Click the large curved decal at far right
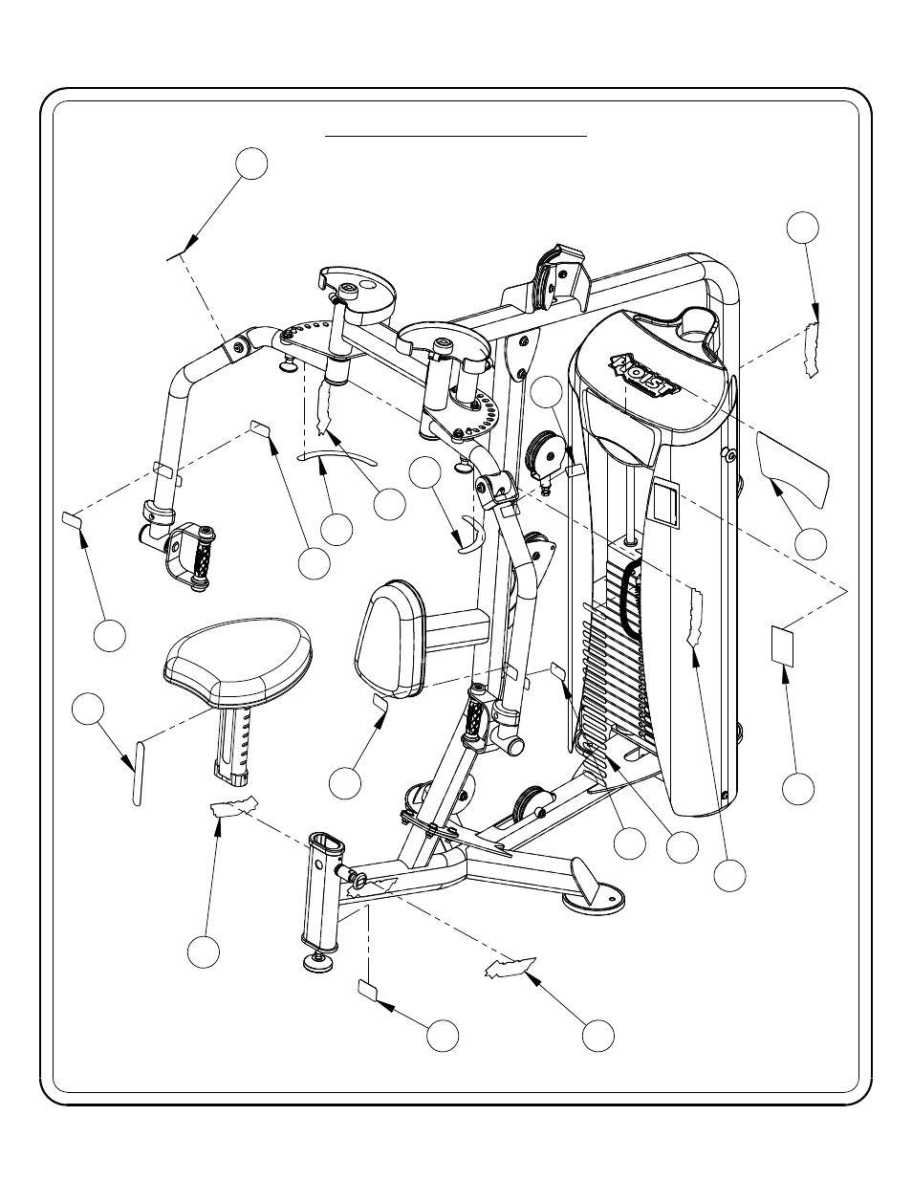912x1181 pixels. (792, 466)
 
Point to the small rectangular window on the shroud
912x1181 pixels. (665, 504)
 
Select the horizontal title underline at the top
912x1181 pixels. (456, 137)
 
